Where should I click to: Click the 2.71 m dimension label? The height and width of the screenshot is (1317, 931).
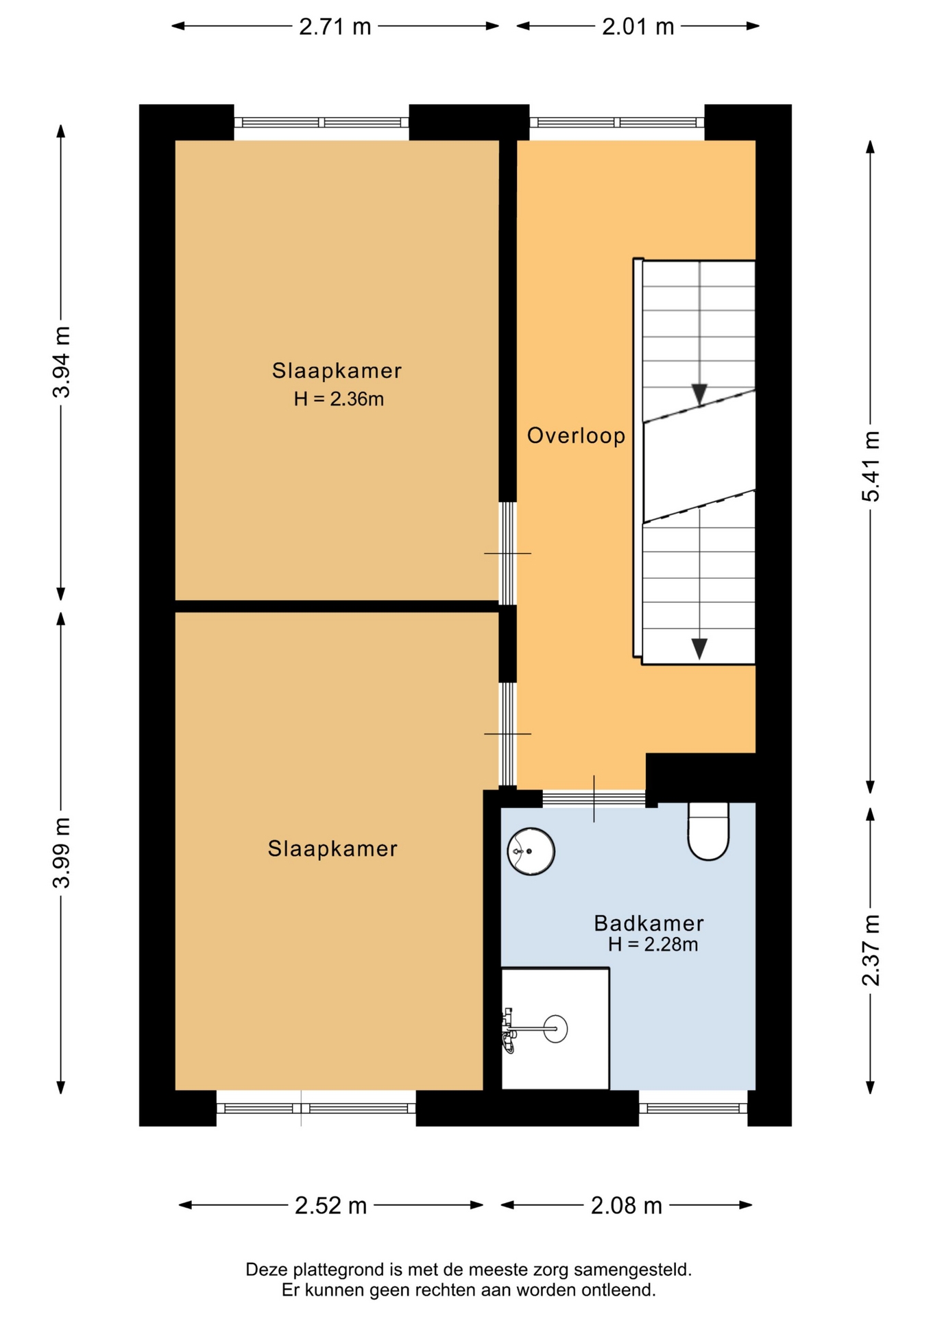click(335, 27)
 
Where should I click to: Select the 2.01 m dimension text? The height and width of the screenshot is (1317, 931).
click(638, 27)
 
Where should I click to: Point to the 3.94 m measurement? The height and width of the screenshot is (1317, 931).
click(62, 362)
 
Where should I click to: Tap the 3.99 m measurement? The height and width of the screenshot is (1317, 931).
click(62, 853)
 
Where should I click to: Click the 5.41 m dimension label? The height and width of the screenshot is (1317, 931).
click(871, 466)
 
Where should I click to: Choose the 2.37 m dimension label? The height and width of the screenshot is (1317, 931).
click(871, 950)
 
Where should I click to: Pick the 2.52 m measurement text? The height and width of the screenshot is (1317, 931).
click(331, 1205)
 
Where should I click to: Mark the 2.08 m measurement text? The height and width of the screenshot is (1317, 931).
click(627, 1205)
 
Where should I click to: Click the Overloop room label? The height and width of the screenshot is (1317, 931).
click(576, 436)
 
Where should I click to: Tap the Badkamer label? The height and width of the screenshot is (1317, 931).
click(649, 923)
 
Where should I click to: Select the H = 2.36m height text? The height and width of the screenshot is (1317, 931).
click(339, 399)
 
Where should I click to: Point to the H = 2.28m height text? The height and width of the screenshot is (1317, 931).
click(653, 945)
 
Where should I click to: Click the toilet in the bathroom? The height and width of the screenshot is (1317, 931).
click(708, 831)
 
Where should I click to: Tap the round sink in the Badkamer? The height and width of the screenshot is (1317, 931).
click(531, 851)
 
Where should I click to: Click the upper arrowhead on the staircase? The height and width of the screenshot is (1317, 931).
click(699, 394)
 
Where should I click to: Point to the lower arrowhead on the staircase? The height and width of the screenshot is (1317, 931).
click(699, 649)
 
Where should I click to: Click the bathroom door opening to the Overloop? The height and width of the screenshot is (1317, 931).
click(594, 798)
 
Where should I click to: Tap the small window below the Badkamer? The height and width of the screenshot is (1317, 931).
click(693, 1108)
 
